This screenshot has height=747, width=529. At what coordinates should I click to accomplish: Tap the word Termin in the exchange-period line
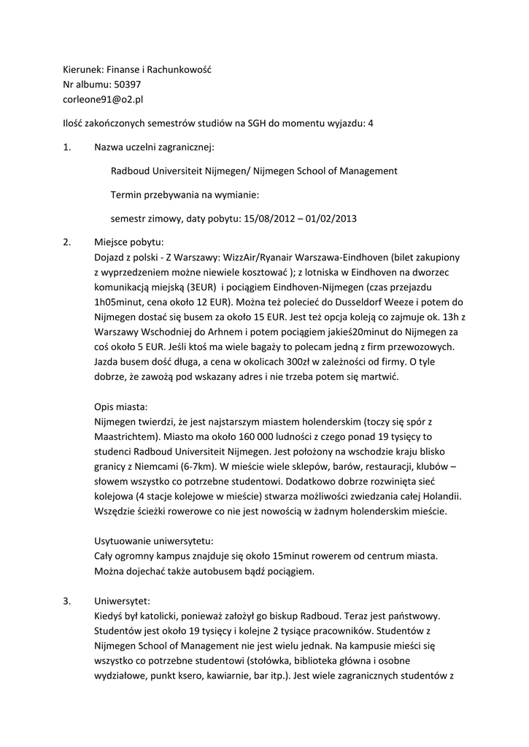128,195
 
